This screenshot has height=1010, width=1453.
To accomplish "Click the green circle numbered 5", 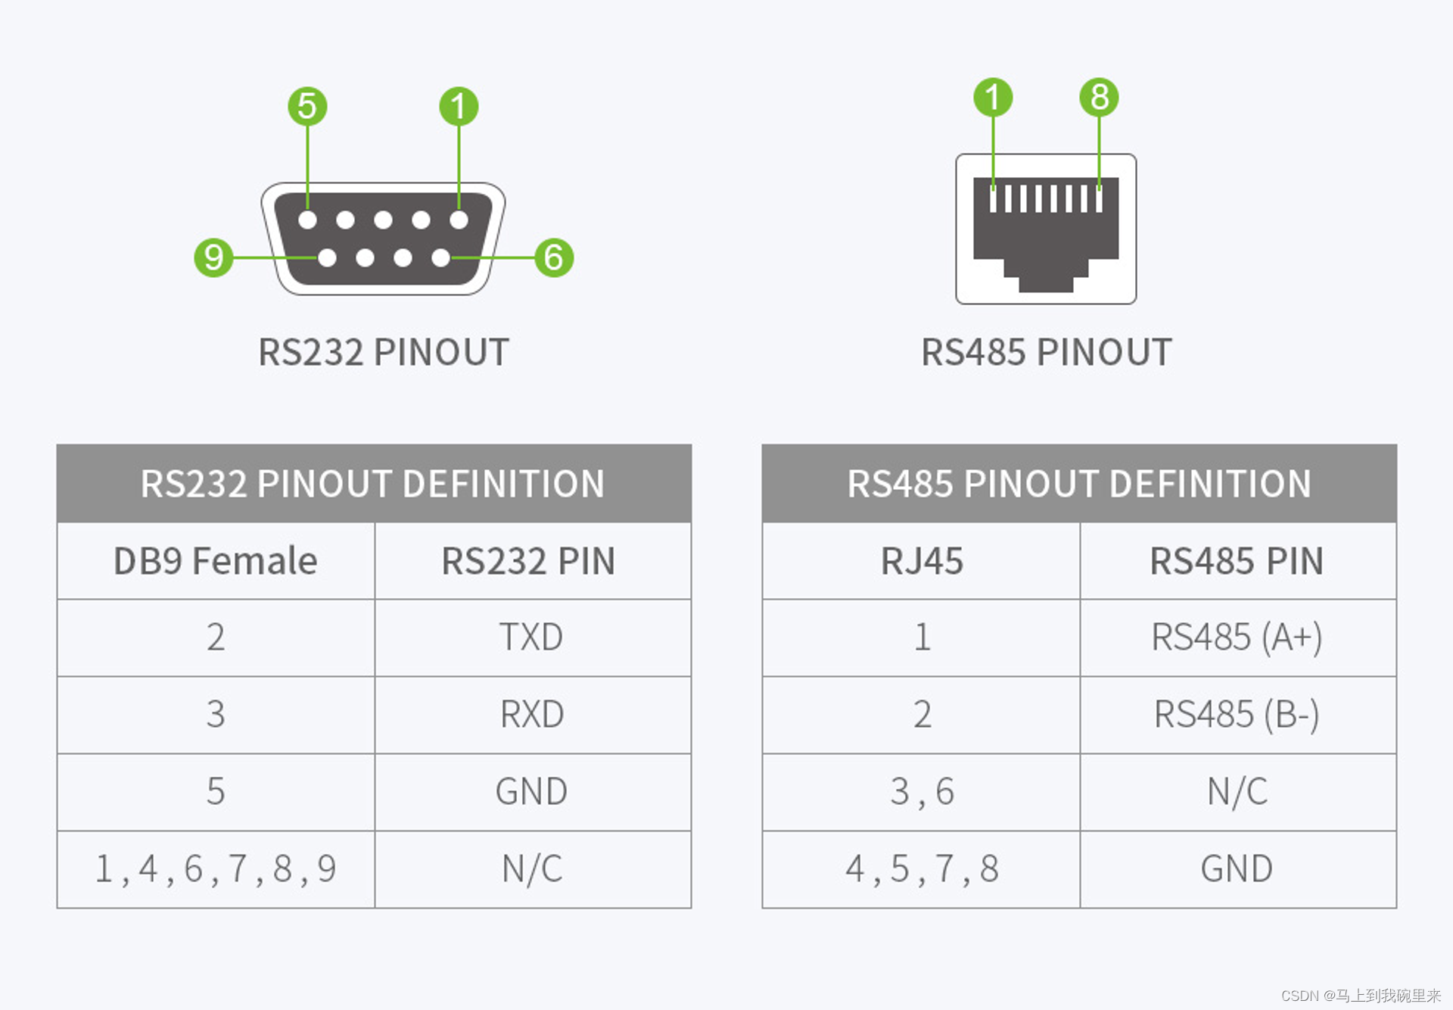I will point(307,106).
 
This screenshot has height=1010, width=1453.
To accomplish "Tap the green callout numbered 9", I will point(213,257).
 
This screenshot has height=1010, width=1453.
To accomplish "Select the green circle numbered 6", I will point(554,257).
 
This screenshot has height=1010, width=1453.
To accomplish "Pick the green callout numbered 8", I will point(1099,97).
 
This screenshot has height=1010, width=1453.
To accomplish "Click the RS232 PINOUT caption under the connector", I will point(384,352).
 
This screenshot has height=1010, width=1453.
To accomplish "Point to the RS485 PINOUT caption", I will point(1046,352).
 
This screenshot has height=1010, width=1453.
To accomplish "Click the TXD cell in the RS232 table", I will point(532,637).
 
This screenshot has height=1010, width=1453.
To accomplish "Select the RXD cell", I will point(532,715).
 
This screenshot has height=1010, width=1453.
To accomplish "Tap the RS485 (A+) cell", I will point(1237,637).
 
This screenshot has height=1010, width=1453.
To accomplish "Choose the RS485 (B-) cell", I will point(1237,715).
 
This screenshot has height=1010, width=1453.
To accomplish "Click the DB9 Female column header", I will point(216,561).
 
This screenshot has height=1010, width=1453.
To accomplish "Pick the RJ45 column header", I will point(922,561).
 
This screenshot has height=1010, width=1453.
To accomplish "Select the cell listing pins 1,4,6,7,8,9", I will point(216,869).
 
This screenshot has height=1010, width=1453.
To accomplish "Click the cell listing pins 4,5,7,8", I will point(922,869).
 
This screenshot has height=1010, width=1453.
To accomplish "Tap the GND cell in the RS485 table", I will point(1237,869).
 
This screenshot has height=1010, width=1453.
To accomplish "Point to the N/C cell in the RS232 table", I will point(532,869).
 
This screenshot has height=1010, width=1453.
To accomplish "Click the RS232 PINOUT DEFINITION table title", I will point(373,484).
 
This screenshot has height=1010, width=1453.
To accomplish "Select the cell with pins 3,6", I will point(922,792).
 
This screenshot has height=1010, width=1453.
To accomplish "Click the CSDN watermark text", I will point(1360,996).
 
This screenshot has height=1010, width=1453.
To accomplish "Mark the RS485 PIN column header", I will point(1237,561).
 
